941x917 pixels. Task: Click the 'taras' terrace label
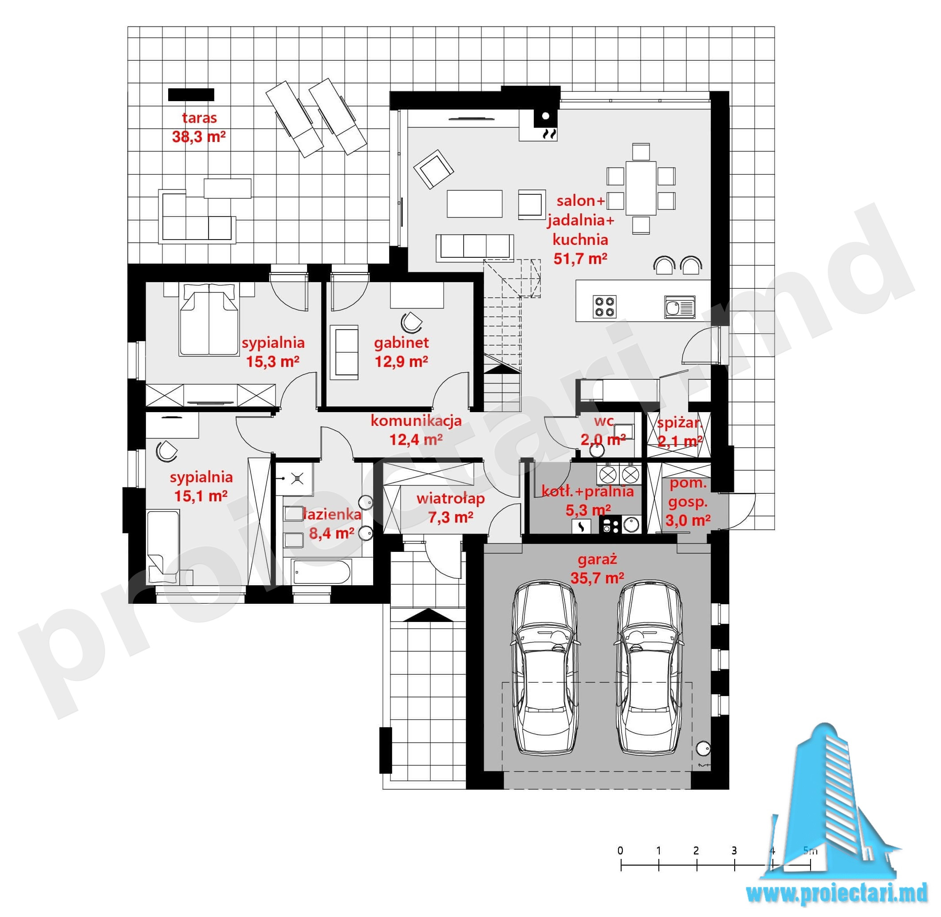[199, 118]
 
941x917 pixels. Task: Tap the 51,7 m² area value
[580, 259]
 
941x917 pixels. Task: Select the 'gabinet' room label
[401, 342]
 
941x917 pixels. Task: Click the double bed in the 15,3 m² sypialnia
[209, 319]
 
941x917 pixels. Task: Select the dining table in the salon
[641, 188]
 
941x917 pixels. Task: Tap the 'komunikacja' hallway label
[416, 421]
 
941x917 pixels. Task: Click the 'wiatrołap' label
[450, 498]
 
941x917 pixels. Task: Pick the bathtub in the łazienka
[321, 572]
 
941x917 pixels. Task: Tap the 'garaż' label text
[597, 559]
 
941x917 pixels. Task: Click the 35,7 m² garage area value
[597, 578]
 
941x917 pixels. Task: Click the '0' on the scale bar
[620, 850]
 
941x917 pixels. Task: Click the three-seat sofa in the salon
[474, 248]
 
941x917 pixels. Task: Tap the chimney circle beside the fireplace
[546, 116]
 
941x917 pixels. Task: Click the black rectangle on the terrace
[191, 94]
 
